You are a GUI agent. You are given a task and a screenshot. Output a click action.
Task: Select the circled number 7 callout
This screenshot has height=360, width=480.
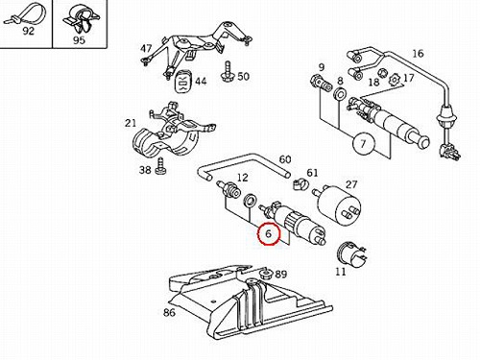point(363,143)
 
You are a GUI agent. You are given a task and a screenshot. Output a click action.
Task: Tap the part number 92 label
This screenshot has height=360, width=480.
point(28,31)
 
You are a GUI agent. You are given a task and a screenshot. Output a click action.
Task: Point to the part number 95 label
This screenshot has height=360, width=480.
point(79,40)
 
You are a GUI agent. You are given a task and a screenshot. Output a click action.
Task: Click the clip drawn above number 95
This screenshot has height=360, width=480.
point(80,18)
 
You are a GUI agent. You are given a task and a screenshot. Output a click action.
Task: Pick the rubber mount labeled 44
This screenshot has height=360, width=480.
point(183,81)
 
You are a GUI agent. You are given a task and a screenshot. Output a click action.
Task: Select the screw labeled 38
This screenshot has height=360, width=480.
point(160,166)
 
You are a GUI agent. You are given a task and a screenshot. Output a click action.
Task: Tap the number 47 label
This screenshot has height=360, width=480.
point(146,49)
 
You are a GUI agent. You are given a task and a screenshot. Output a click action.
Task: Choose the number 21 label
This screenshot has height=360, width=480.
point(131,123)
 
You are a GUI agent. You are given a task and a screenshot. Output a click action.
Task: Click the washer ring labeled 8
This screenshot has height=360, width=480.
point(339,93)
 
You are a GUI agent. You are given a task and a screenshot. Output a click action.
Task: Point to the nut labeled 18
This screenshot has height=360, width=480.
point(381,72)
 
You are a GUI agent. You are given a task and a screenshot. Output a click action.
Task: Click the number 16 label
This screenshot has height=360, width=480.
point(418,54)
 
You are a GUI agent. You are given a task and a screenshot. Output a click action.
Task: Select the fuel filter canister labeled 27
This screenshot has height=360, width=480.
point(337,204)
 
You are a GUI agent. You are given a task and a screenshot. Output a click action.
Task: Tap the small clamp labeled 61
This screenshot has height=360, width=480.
point(300,184)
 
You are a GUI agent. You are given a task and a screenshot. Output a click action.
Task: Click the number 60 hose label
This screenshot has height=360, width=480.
point(285,159)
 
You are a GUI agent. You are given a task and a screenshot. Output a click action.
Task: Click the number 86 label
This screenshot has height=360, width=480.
point(169,312)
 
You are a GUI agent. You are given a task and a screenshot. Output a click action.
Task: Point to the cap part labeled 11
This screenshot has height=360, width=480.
point(352,255)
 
